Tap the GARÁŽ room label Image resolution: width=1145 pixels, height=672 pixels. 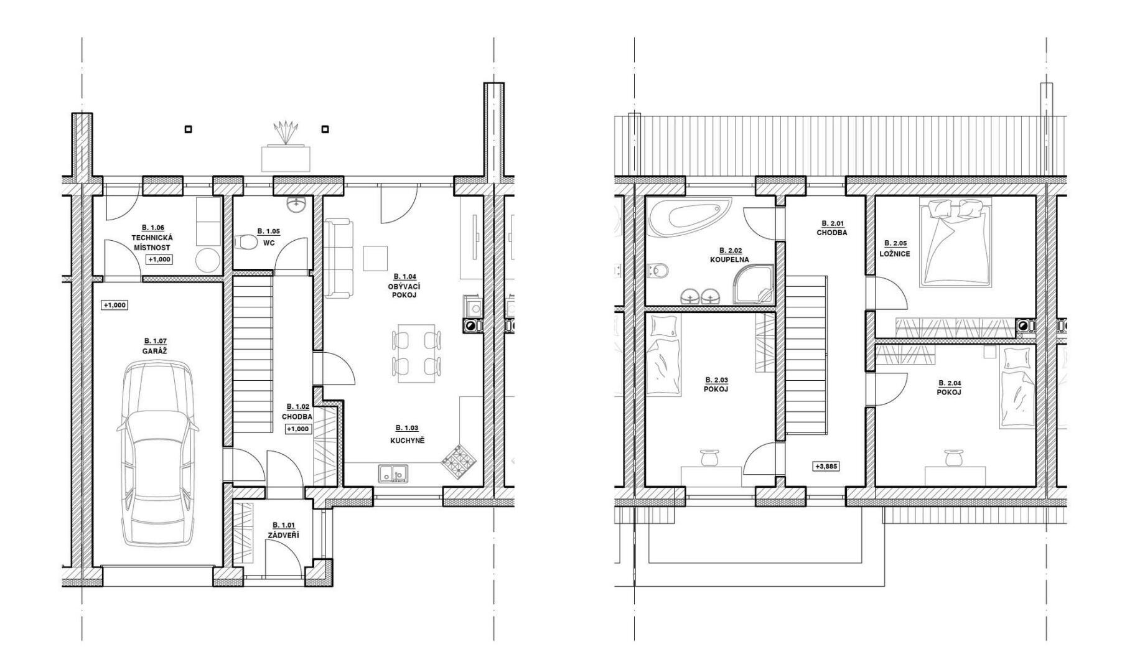coord(156,351)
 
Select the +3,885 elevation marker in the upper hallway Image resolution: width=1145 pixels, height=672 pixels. coord(826,465)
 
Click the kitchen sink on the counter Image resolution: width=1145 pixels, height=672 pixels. coord(392,474)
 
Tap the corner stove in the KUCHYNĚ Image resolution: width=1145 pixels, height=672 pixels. coord(459,462)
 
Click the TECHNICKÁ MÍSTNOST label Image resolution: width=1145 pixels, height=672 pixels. coord(152,243)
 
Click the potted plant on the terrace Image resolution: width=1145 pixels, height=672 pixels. coord(286,133)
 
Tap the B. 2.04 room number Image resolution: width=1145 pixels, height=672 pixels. coord(949,383)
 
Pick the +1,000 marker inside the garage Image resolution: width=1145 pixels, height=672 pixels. coord(115,305)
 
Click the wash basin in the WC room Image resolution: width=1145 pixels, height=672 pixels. coord(296,204)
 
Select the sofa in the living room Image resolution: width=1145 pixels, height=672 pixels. coord(339,258)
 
